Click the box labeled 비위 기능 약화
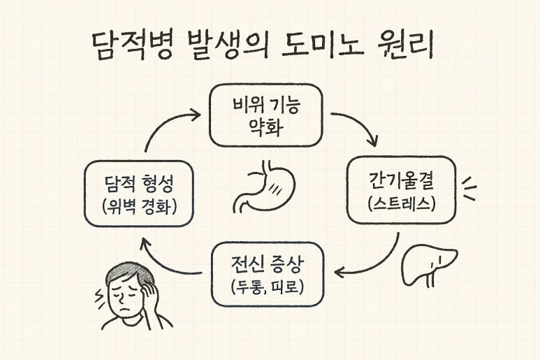coord(265,115)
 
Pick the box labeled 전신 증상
coord(267,274)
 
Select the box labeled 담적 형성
coord(137,194)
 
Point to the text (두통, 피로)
coord(267,287)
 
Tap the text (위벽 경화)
coord(137,207)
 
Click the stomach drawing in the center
coord(263,188)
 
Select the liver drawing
coord(428,262)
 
